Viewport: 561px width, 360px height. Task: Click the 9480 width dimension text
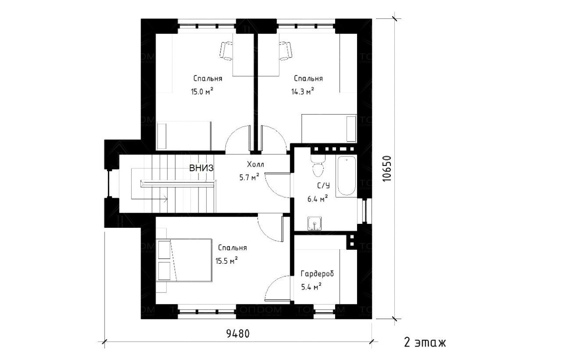[x=238, y=333]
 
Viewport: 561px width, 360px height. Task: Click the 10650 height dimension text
[x=387, y=169]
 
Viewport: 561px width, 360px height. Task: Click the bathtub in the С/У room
[x=347, y=176]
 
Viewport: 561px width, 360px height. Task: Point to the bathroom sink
[x=315, y=223]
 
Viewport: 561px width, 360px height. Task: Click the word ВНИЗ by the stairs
[x=201, y=168]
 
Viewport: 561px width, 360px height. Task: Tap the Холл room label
[x=256, y=164]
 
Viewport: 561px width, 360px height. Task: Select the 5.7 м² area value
[x=249, y=178]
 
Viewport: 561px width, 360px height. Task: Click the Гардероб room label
[x=317, y=274]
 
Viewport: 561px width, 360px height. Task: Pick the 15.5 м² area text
[x=227, y=261]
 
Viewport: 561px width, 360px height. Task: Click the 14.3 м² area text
[x=303, y=91]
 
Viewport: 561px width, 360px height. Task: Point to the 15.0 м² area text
[x=202, y=91]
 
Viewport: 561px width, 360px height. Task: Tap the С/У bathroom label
[x=323, y=186]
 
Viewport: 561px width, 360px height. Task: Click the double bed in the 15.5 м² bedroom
[x=184, y=260]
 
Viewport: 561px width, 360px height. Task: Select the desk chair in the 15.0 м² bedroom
[x=226, y=51]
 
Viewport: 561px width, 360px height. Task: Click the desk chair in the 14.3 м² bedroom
[x=286, y=51]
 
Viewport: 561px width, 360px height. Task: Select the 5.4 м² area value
[x=311, y=287]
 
